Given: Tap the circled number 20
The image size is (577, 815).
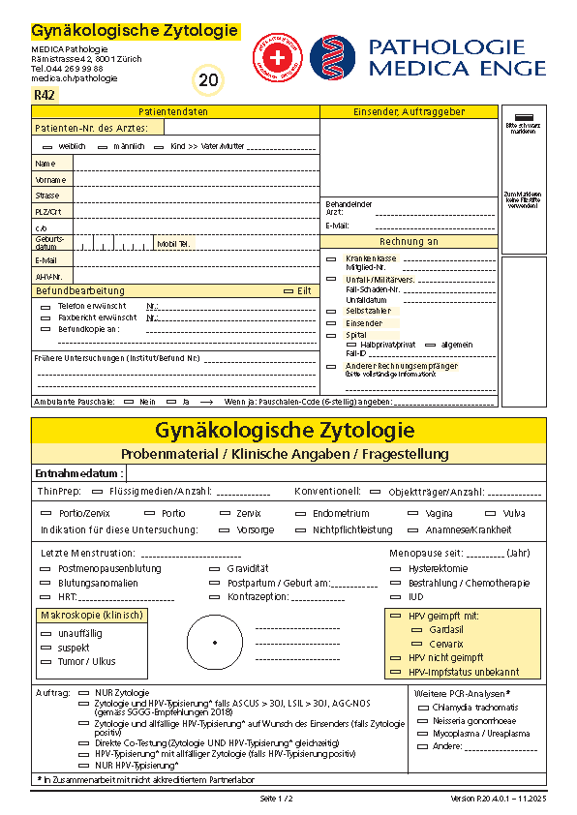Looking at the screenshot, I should pos(208,80).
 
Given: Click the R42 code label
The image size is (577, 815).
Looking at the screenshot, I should pos(45,94).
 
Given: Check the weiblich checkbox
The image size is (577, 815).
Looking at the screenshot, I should pos(47,146).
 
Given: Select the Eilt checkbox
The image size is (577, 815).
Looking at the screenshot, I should pos(288,290).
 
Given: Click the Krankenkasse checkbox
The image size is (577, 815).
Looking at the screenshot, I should pos(331,258).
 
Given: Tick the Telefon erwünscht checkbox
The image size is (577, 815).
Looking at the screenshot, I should pos(46,306).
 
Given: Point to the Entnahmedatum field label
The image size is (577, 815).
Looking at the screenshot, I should pos(79,473).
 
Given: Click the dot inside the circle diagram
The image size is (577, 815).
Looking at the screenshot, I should pos(214,642).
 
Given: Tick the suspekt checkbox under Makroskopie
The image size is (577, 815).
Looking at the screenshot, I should pos(46,648).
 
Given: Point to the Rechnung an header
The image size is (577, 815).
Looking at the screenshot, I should pos(409,241).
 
